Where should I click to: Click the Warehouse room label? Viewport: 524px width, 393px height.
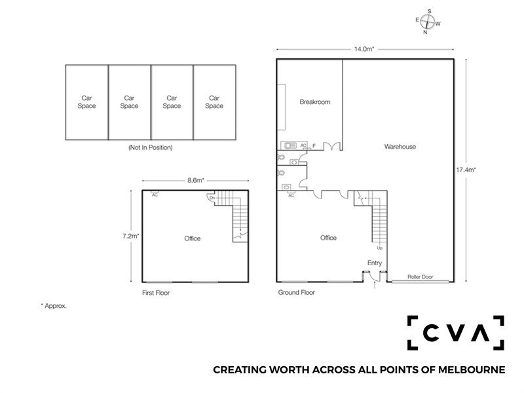[400, 146]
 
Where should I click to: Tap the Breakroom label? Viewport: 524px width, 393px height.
[315, 102]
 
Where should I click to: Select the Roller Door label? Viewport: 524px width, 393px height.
[420, 276]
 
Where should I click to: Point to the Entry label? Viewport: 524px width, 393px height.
[374, 263]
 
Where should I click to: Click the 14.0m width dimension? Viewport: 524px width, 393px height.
[364, 49]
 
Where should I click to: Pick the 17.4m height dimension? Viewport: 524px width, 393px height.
[466, 170]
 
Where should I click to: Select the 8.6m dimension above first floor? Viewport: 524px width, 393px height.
[195, 181]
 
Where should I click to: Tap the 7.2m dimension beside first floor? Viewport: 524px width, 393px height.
[130, 236]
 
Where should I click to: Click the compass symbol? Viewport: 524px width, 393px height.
[428, 22]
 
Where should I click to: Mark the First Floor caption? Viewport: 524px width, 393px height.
[156, 293]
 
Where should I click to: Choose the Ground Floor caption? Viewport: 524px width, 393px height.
[297, 292]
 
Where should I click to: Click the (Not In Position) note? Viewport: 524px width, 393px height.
[151, 147]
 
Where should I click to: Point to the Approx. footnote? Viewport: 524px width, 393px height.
[54, 306]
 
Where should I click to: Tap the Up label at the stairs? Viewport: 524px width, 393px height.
[380, 248]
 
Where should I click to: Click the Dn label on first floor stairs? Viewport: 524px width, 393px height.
[212, 198]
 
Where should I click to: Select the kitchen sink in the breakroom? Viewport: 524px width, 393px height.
[290, 145]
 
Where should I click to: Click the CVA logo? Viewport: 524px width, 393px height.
[455, 333]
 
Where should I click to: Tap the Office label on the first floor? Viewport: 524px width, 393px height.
[193, 238]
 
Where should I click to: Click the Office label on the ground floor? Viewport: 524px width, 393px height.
[328, 238]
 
